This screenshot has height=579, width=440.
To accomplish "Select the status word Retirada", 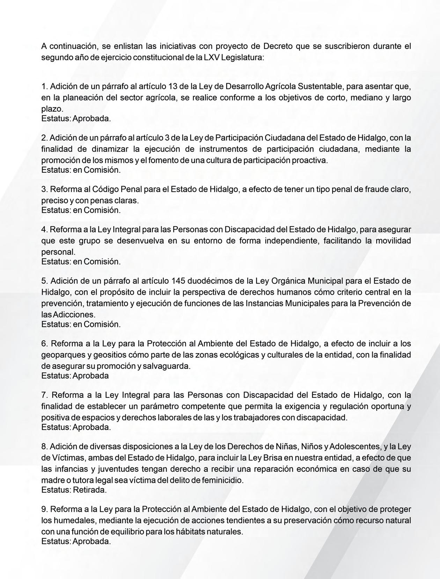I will [90, 490].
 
